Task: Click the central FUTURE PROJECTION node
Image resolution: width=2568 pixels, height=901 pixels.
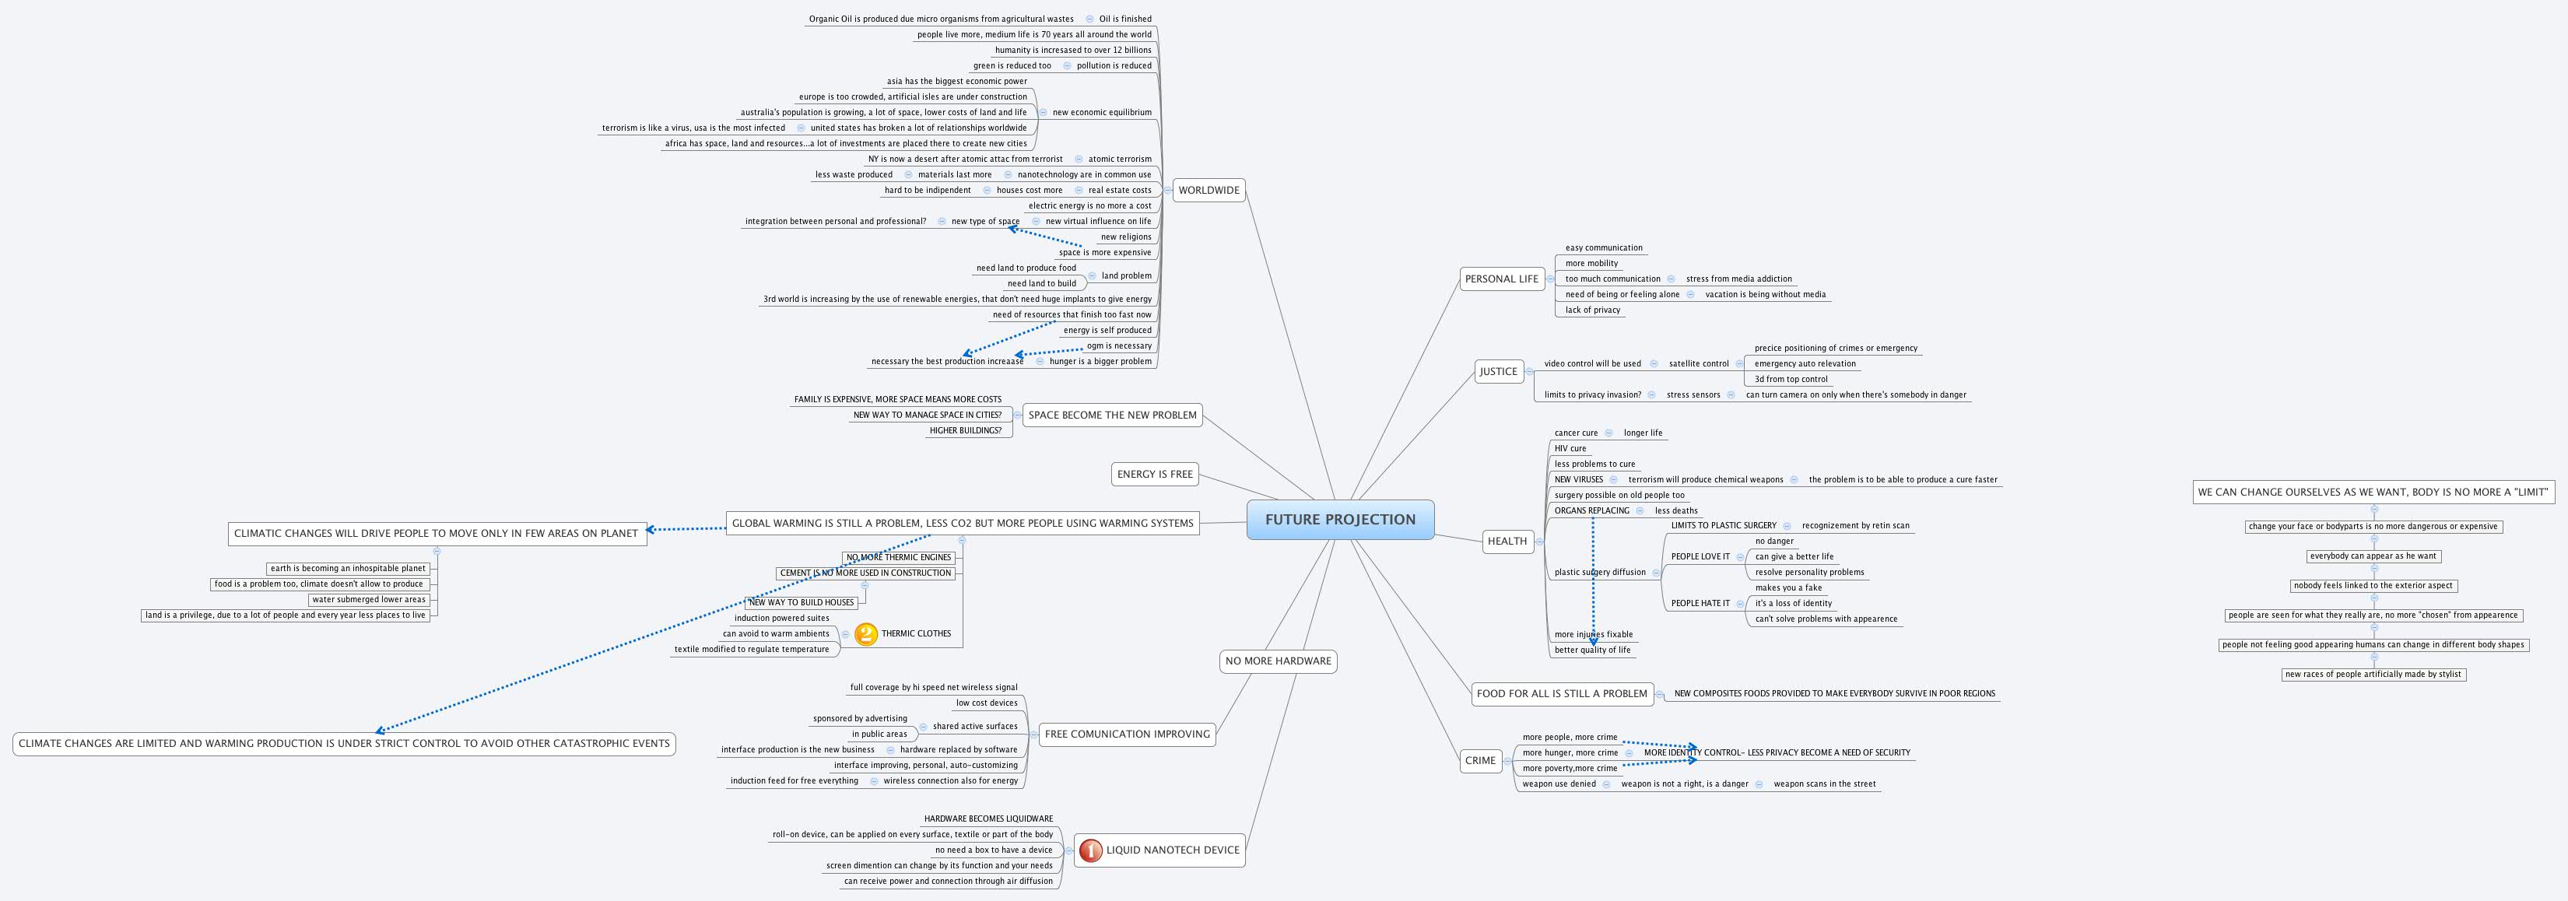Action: pos(1340,519)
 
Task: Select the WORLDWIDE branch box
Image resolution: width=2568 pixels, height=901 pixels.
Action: pos(1209,191)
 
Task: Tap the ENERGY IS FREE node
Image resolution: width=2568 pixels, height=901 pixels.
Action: pos(1154,475)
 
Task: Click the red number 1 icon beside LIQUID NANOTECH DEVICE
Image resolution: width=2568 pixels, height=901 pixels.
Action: pos(1090,850)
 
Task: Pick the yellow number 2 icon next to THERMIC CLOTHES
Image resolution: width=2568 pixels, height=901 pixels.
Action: pos(866,634)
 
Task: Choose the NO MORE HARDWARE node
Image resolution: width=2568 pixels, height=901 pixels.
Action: pos(1277,661)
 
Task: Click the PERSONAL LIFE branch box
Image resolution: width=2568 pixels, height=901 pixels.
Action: pos(1501,279)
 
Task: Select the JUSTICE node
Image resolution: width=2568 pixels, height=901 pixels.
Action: pos(1498,372)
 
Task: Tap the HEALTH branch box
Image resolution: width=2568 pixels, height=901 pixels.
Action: pos(1507,542)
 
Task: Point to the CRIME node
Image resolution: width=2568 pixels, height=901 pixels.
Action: pos(1479,760)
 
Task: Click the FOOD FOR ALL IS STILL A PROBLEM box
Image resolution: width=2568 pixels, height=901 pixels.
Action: pos(1561,694)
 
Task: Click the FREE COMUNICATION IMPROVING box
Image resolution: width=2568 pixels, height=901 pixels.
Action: pos(1127,734)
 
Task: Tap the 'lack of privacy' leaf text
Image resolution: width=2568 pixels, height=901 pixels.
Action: pos(1592,310)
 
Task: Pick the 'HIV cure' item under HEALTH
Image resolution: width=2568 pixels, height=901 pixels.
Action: pos(1570,448)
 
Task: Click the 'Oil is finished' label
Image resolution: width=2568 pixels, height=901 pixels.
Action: pos(1124,19)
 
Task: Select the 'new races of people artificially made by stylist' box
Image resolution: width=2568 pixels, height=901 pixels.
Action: pos(2373,675)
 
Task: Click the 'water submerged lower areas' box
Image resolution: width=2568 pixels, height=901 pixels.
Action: pos(369,600)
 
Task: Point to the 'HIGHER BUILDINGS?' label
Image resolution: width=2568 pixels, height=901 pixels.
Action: pos(965,430)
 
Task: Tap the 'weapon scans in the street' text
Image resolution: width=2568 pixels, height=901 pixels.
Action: pos(1824,784)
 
